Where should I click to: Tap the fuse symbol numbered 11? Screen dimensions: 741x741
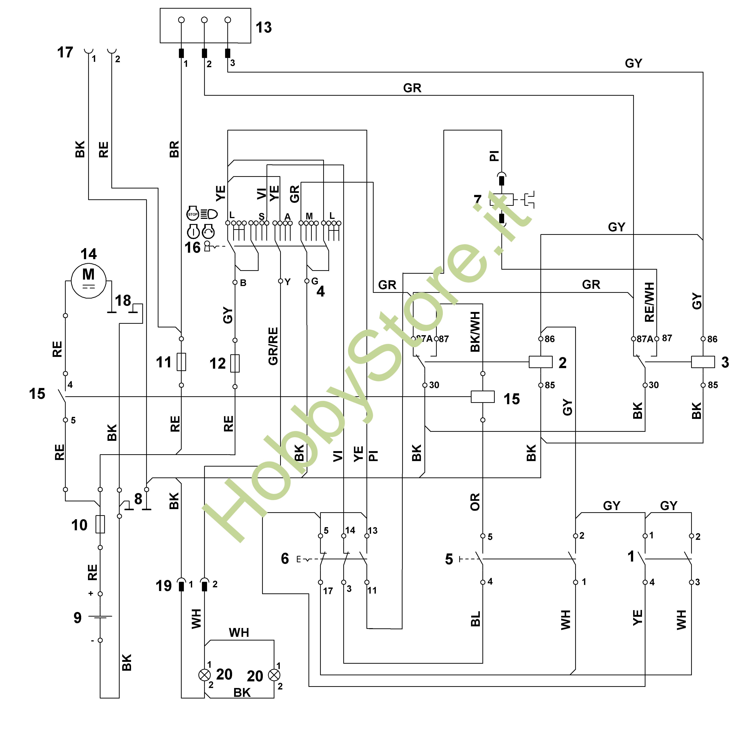point(181,362)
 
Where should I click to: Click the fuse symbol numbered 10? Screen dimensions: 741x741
point(100,524)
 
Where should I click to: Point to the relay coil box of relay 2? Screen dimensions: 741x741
point(540,362)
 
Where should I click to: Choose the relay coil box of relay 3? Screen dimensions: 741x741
point(703,362)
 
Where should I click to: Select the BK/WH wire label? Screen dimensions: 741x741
point(475,332)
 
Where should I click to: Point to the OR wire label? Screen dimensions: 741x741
point(475,502)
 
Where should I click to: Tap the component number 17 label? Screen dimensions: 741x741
point(65,52)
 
